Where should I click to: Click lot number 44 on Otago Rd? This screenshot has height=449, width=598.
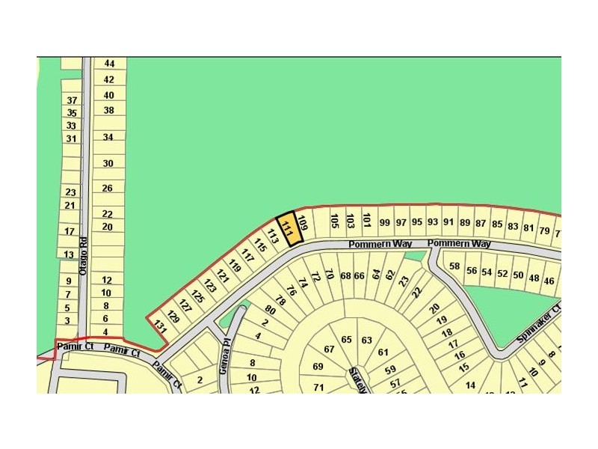(x=109, y=64)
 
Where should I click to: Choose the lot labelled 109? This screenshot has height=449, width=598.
(x=303, y=222)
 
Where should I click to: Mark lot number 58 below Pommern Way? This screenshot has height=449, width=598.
(x=454, y=266)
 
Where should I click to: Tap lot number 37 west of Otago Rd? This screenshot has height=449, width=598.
(x=72, y=100)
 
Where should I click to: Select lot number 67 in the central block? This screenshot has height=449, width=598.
(x=329, y=349)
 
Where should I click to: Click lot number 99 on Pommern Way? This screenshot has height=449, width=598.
(x=385, y=222)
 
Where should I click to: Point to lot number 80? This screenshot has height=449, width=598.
(x=270, y=309)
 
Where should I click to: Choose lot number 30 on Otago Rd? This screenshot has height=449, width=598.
(x=108, y=163)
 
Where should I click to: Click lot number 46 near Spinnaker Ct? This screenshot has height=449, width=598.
(x=549, y=281)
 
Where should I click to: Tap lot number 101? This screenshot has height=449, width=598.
(x=366, y=220)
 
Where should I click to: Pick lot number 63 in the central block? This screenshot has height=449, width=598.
(x=366, y=340)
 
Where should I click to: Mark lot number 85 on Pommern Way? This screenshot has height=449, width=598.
(x=497, y=224)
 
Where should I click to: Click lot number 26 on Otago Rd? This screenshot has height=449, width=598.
(x=108, y=189)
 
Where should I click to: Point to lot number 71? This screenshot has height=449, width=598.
(x=318, y=387)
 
